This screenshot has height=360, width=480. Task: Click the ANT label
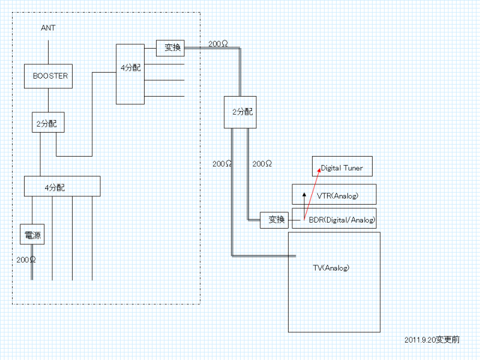(49, 28)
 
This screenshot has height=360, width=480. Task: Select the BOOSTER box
(49, 76)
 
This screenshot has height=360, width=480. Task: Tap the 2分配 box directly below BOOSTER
(48, 124)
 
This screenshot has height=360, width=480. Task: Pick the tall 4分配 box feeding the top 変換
(130, 73)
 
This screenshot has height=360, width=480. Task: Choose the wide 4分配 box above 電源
(62, 186)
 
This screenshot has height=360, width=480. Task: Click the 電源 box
(32, 234)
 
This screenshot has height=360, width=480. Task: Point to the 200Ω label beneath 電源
(26, 260)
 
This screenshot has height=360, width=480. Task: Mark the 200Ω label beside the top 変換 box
(218, 44)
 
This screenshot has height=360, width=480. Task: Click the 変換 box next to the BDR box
(275, 220)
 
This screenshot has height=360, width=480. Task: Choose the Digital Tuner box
(342, 167)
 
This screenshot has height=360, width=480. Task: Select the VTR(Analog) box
(334, 194)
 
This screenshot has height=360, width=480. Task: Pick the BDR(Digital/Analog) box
(334, 219)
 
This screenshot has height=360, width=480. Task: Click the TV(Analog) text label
(331, 268)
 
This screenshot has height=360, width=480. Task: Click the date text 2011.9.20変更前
(432, 340)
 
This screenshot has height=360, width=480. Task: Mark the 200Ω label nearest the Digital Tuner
(263, 164)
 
